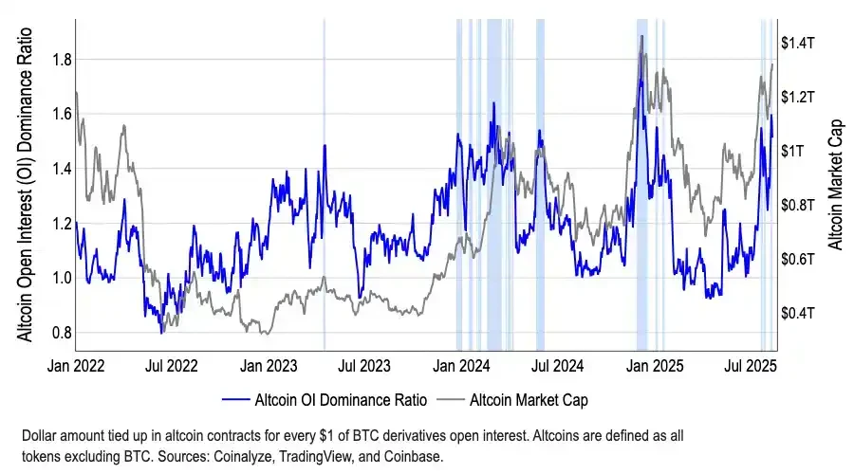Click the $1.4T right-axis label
coord(800,43)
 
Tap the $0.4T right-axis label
coord(800,313)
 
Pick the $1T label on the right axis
coord(794,151)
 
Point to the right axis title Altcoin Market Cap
coord(836,185)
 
